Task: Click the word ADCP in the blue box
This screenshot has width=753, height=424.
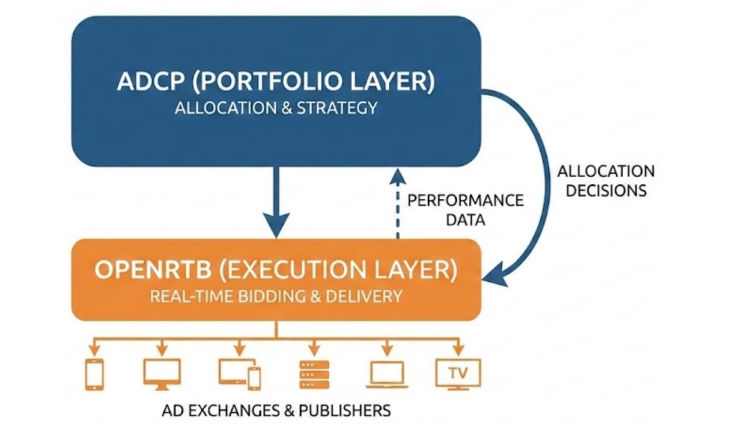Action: point(151,81)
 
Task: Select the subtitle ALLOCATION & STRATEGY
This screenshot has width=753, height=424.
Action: point(276,108)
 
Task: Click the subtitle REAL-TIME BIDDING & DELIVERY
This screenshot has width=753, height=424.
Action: point(276,296)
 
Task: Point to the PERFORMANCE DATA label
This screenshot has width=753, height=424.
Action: point(465,210)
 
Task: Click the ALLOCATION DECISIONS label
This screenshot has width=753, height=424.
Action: point(606,180)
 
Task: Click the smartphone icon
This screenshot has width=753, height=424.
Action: point(95,374)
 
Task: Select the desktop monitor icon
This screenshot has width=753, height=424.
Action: point(162,374)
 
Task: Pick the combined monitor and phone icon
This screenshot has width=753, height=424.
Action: point(240,374)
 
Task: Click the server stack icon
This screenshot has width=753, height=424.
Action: point(314,375)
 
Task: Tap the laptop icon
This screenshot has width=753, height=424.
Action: point(387,375)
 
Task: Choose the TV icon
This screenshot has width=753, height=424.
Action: point(458,374)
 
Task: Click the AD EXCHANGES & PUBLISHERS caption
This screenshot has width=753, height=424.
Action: point(276,410)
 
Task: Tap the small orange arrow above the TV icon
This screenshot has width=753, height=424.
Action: point(458,349)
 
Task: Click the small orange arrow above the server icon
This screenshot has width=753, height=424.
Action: point(314,349)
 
